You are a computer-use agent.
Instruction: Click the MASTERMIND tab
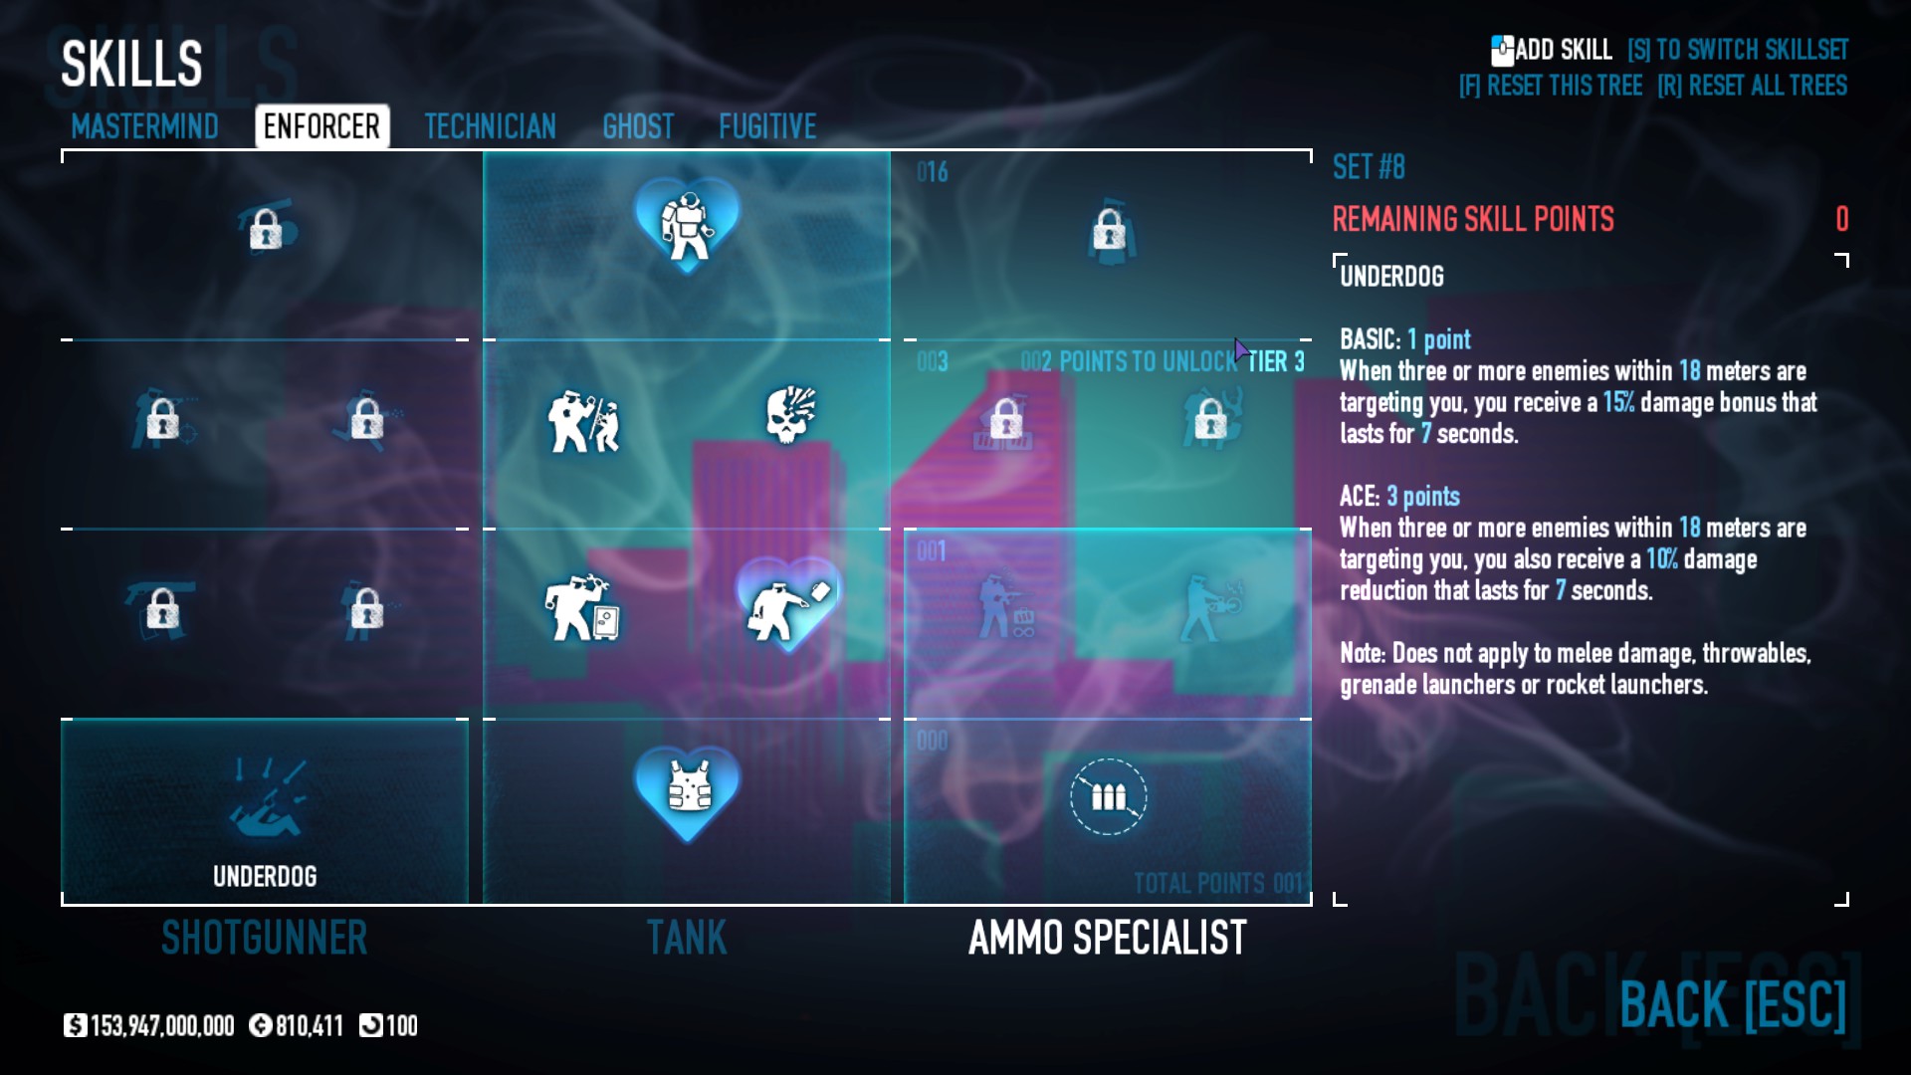click(x=144, y=126)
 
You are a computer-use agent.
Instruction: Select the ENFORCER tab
click(x=321, y=126)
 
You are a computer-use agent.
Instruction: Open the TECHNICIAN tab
click(x=490, y=126)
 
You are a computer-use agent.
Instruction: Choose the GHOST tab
click(x=638, y=126)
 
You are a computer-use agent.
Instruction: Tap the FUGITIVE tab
click(x=767, y=126)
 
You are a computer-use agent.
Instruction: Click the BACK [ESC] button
click(x=1732, y=1004)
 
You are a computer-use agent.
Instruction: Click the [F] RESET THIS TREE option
click(x=1550, y=86)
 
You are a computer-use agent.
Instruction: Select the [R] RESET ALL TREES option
click(x=1752, y=86)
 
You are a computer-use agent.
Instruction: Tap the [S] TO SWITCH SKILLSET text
click(x=1737, y=50)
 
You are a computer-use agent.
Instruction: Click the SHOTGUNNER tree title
click(x=265, y=938)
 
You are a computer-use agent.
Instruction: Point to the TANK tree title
click(x=687, y=938)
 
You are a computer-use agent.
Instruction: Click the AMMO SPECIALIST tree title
click(x=1107, y=938)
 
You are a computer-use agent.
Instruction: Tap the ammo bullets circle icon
click(x=1108, y=796)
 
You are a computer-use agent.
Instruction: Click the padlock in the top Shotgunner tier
click(x=265, y=229)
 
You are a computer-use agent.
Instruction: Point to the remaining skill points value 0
click(x=1841, y=219)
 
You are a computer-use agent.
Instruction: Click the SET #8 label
click(x=1369, y=167)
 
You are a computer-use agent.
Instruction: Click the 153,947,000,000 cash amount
click(x=161, y=1025)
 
